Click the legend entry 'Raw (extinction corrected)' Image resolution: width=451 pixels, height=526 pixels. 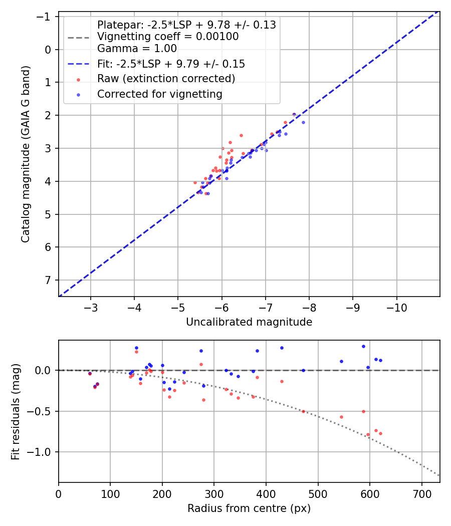[x=166, y=79]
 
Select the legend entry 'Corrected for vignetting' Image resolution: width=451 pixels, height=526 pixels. [x=160, y=94]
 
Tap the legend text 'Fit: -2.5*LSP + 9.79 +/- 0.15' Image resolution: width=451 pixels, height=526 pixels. [x=171, y=64]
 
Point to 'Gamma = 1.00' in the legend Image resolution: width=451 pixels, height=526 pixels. [x=137, y=49]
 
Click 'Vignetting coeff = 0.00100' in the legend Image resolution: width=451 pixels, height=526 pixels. [x=168, y=37]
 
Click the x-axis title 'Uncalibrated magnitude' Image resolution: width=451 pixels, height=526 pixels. [x=249, y=322]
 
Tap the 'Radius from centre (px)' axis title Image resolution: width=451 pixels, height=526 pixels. [x=249, y=508]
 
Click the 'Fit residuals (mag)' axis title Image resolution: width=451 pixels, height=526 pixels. [x=16, y=411]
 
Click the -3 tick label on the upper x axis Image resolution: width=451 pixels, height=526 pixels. [x=91, y=306]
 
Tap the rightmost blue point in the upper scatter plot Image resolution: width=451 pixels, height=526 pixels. [x=303, y=122]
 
